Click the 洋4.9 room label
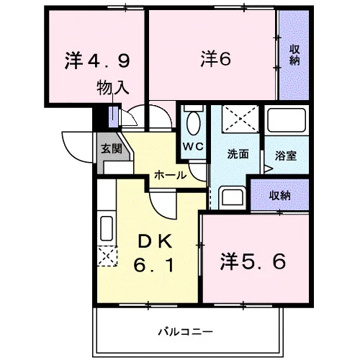pyautogui.click(x=97, y=60)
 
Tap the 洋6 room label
pyautogui.click(x=216, y=59)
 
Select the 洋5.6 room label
pyautogui.click(x=253, y=261)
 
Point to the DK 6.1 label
pyautogui.click(x=153, y=253)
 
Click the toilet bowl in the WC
pyautogui.click(x=193, y=124)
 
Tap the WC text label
pyautogui.click(x=193, y=146)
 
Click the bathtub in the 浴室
pyautogui.click(x=287, y=120)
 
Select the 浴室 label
pyautogui.click(x=286, y=156)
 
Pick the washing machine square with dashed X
pyautogui.click(x=240, y=119)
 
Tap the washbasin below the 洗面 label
pyautogui.click(x=233, y=197)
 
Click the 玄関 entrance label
pyautogui.click(x=112, y=149)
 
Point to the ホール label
pyautogui.click(x=170, y=175)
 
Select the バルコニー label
pyautogui.click(x=185, y=332)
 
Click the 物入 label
pyautogui.click(x=113, y=88)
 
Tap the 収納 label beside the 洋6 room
pyautogui.click(x=294, y=55)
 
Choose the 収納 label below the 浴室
pyautogui.click(x=280, y=196)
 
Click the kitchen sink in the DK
pyautogui.click(x=107, y=228)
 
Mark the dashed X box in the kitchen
pyautogui.click(x=107, y=256)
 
